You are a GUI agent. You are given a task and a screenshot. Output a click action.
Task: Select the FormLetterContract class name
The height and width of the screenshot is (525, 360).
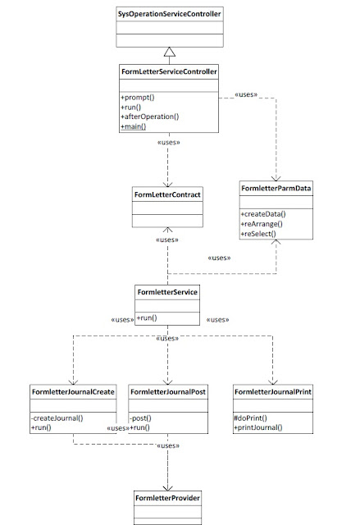(168, 194)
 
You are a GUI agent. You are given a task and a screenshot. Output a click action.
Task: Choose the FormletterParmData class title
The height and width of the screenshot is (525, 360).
(275, 189)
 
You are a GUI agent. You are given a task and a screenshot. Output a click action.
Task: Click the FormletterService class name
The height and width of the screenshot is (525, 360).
(168, 291)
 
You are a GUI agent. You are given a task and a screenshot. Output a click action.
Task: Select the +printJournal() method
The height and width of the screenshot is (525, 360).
(259, 427)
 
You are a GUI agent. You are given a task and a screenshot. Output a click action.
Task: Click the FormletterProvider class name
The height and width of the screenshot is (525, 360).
(167, 498)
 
